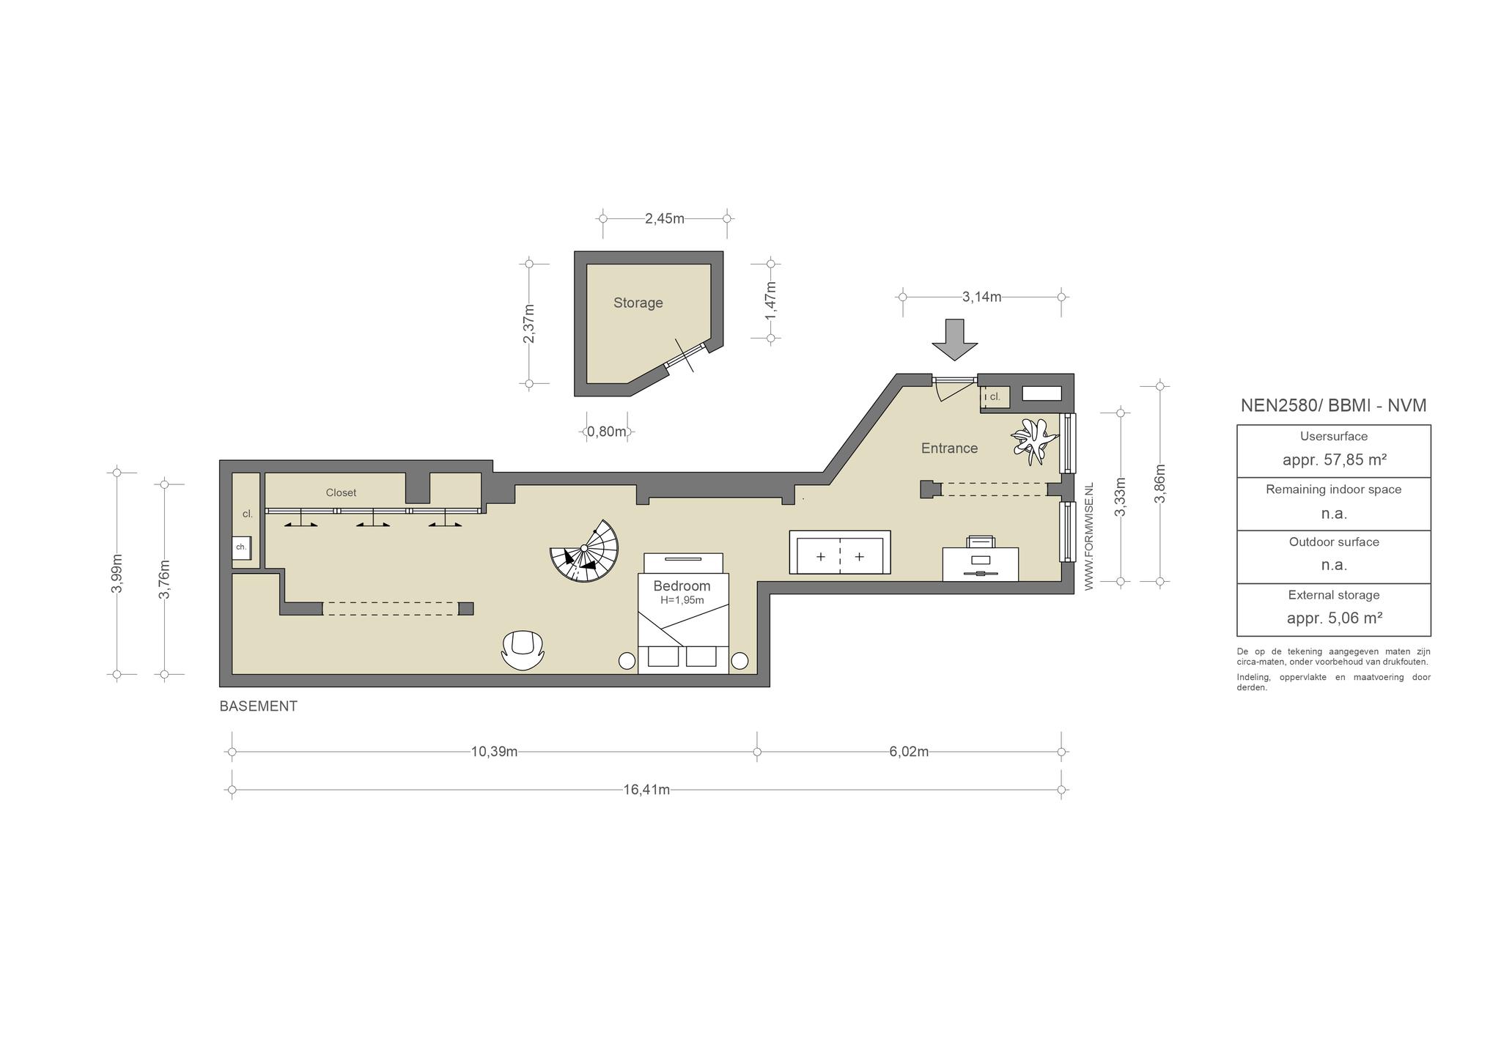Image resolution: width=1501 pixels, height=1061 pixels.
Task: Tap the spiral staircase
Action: pos(585,551)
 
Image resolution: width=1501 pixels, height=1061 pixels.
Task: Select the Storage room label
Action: pos(638,303)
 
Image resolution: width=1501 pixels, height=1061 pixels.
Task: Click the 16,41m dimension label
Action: pos(646,789)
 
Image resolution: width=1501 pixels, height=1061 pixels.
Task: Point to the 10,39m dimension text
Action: pos(494,752)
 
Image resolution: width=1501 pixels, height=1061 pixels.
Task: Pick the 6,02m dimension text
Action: pos(909,752)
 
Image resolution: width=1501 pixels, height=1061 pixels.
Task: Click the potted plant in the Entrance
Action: pos(1035,440)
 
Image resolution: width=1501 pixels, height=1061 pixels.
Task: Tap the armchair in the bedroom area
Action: pos(523,649)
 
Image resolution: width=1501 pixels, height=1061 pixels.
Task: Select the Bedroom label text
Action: pos(682,586)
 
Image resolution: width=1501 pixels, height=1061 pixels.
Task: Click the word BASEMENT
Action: pos(259,706)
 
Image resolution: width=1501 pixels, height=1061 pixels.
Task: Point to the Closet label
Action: pos(341,493)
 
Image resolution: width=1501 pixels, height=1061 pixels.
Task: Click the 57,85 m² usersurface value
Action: pos(1334,460)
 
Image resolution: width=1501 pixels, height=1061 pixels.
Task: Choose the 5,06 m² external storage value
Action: pos(1334,618)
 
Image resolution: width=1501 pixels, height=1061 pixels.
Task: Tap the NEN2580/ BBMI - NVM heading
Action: pos(1333,406)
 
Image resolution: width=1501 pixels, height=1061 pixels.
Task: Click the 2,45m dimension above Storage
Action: pos(665,218)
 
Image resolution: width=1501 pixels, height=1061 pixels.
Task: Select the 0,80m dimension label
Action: pos(607,432)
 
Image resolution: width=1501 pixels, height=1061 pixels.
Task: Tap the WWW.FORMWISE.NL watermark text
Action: pos(1088,536)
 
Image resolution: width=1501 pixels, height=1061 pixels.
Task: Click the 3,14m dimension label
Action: pos(981,297)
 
